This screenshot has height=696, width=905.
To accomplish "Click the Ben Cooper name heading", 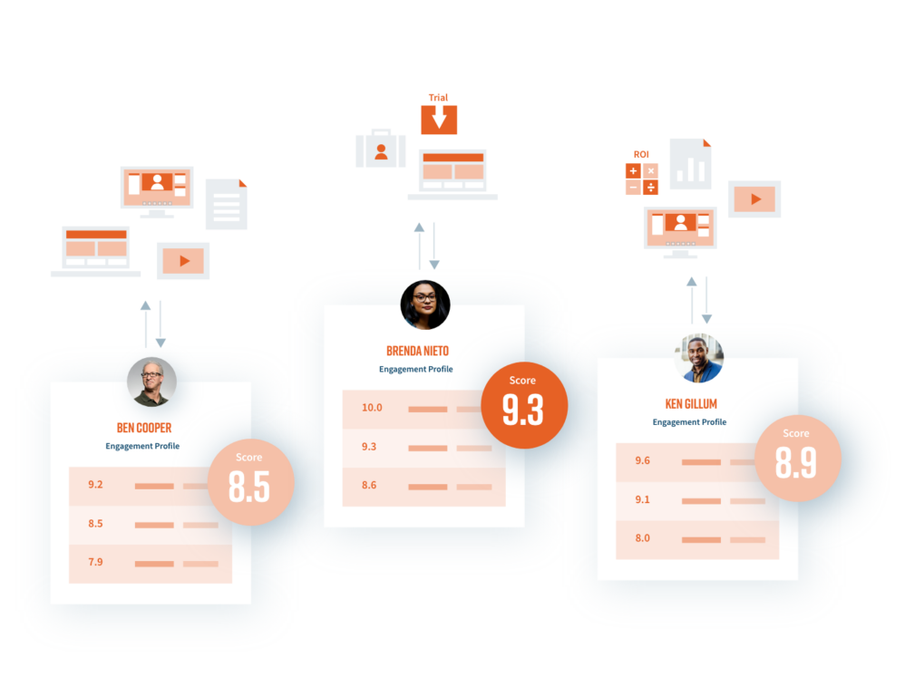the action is pos(143,428).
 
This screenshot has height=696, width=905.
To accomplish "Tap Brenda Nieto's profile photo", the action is pos(425,305).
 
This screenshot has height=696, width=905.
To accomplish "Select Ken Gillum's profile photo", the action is pos(698,358).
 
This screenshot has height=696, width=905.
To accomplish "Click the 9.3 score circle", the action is pos(524,405).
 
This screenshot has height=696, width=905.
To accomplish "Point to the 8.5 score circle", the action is pos(251,482).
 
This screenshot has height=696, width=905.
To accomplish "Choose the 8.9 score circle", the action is pos(798,459).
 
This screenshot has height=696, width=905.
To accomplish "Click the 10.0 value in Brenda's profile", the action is pos(372,408).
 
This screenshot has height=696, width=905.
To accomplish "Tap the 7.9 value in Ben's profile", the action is pos(95,562).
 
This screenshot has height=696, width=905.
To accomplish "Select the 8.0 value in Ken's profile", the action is pos(642,538).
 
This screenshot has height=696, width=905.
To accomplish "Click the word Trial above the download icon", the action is pos(438,98).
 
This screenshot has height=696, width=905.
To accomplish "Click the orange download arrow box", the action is pos(439,120).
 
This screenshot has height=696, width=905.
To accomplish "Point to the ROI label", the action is pos(641,155).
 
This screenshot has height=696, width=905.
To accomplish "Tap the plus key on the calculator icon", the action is pos(633,170).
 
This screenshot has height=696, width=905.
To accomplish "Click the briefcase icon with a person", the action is pos(381,149).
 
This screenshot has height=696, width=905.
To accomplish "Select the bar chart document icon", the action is pos(690,164).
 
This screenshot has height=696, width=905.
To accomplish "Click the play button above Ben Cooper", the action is pos(183,261).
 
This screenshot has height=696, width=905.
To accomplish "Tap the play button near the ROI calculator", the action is pos(754,199).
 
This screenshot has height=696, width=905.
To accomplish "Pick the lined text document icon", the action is pos(227,204).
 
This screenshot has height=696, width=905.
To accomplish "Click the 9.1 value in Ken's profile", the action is pos(642,499).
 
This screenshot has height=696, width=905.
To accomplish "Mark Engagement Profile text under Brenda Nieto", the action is pos(415,369).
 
